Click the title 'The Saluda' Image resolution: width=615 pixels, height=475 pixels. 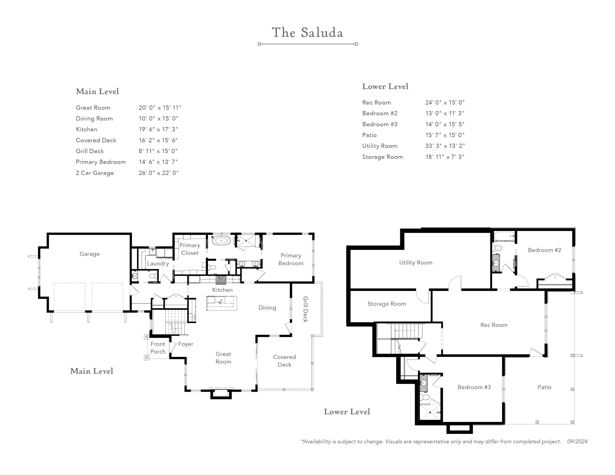pyautogui.click(x=307, y=33)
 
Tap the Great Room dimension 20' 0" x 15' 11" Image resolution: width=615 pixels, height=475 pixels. pyautogui.click(x=160, y=108)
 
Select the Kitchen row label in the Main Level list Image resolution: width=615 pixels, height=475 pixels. pyautogui.click(x=86, y=129)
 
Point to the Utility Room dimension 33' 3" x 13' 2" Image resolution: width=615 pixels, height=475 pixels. pyautogui.click(x=445, y=146)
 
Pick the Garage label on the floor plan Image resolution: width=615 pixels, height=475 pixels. pyautogui.click(x=90, y=254)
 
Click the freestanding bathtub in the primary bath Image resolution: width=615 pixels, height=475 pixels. pyautogui.click(x=221, y=241)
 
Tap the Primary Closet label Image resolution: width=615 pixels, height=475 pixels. pyautogui.click(x=190, y=249)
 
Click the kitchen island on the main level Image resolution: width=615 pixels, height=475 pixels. pyautogui.click(x=221, y=303)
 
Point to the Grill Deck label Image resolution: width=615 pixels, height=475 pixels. pyautogui.click(x=306, y=309)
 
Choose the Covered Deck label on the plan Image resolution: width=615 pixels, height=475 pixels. pyautogui.click(x=284, y=361)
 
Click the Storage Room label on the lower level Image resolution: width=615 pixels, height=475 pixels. pyautogui.click(x=387, y=304)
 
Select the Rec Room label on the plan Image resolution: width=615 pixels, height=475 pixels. pyautogui.click(x=494, y=325)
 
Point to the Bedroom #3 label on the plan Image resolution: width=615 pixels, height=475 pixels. pyautogui.click(x=474, y=387)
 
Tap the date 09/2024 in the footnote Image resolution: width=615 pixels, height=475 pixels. pyautogui.click(x=577, y=441)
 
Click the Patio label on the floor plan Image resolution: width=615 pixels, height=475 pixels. pyautogui.click(x=544, y=387)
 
